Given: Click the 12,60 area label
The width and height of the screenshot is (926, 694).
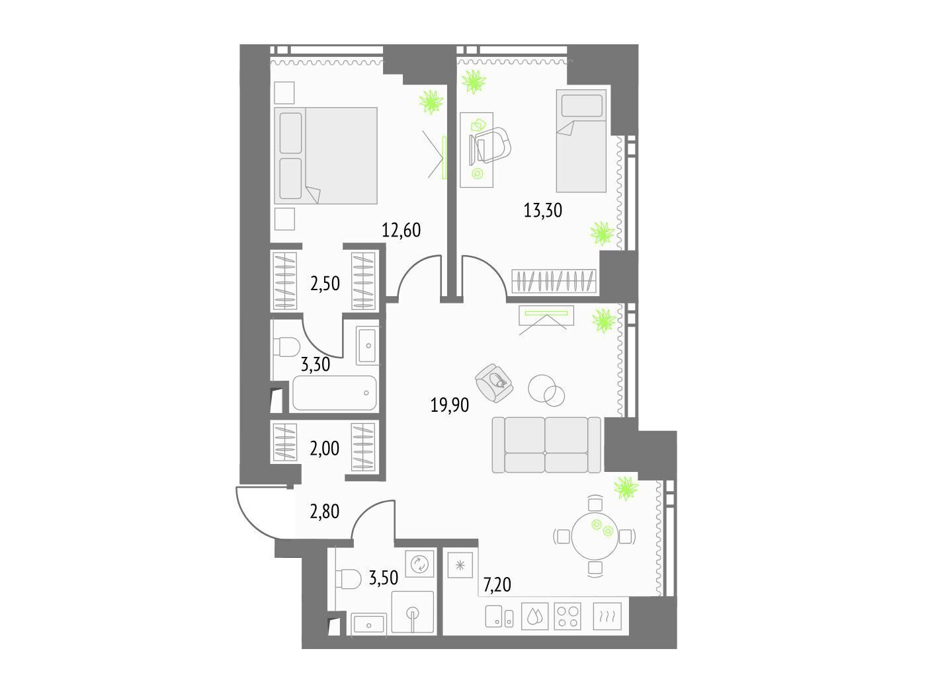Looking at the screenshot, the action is click(401, 231).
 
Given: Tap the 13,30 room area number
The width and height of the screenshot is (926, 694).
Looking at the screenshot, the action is click(542, 210).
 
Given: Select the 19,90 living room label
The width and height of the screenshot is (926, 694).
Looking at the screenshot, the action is click(449, 405).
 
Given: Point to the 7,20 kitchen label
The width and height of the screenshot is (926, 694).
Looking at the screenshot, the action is click(497, 585).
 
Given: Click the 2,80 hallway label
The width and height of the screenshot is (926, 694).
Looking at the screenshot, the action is click(324, 512).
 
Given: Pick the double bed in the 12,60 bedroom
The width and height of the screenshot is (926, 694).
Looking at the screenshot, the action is click(325, 155).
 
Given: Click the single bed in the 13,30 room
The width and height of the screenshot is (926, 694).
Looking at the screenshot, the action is click(581, 141).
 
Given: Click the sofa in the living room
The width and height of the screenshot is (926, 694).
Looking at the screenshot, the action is click(546, 445).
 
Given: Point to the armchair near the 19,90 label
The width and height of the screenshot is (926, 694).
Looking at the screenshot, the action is click(494, 383).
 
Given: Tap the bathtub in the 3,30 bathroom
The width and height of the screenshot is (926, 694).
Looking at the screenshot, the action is click(334, 393).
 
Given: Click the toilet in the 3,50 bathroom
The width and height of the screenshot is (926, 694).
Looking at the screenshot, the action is click(349, 579).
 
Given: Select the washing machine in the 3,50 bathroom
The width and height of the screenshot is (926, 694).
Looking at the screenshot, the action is click(419, 563).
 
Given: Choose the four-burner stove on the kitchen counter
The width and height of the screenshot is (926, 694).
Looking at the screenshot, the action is click(568, 617).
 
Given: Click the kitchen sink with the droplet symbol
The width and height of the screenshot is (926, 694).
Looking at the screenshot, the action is click(535, 617).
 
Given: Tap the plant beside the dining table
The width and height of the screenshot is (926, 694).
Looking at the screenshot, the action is click(626, 489).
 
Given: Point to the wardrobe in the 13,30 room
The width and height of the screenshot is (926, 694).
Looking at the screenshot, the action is click(554, 281).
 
